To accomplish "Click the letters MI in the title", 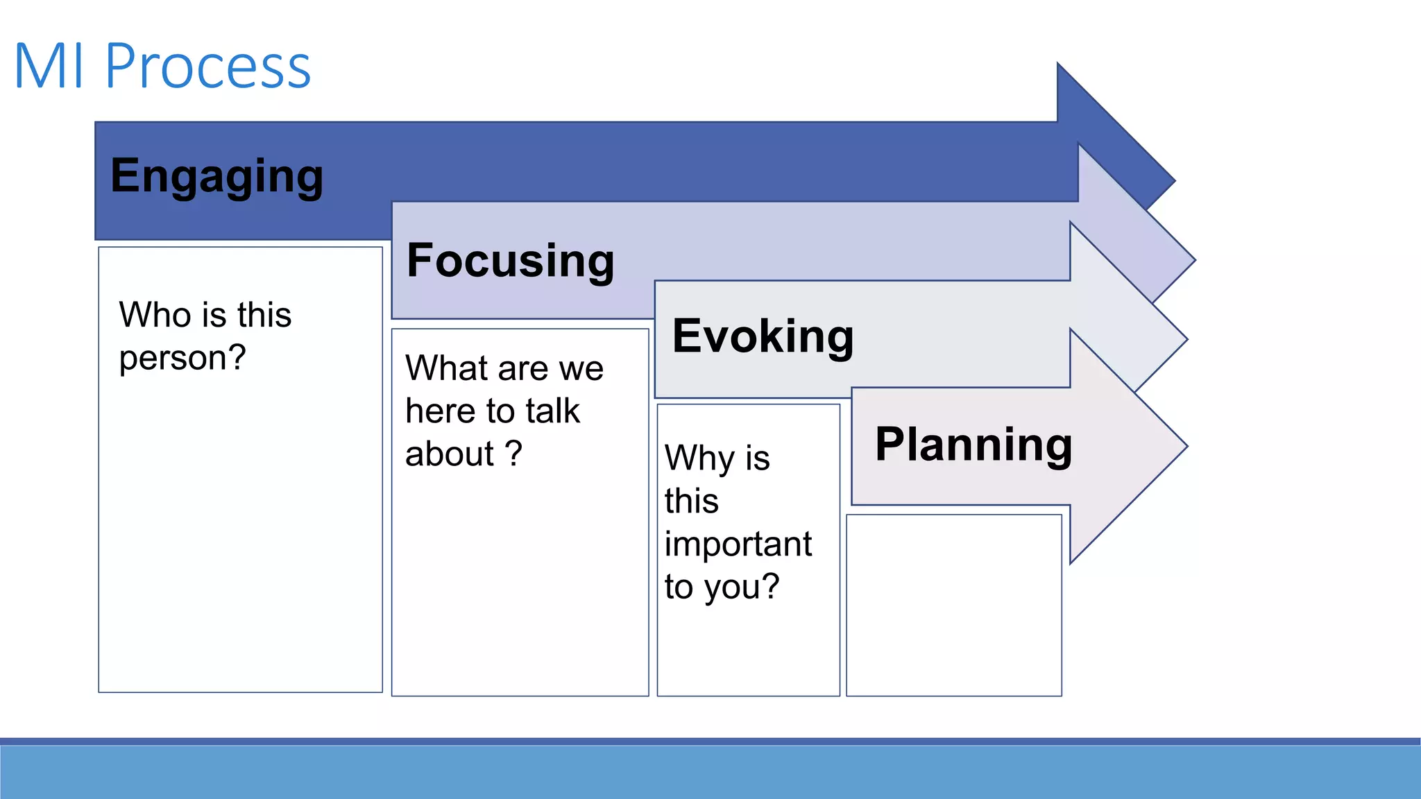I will pyautogui.click(x=49, y=67).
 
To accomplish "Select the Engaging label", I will pyautogui.click(x=216, y=176).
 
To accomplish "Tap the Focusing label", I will pyautogui.click(x=510, y=261).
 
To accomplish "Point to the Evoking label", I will pyautogui.click(x=763, y=336).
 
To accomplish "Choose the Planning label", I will pyautogui.click(x=973, y=445).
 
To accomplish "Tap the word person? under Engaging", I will pyautogui.click(x=182, y=359).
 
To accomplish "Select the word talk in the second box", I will pyautogui.click(x=552, y=411).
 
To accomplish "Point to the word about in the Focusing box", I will pyautogui.click(x=449, y=454).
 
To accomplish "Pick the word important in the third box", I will pyautogui.click(x=738, y=544).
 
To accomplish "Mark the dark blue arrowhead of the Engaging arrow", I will pyautogui.click(x=1117, y=139).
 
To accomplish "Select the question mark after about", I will pyautogui.click(x=513, y=454).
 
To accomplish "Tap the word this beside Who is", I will pyautogui.click(x=264, y=315).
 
